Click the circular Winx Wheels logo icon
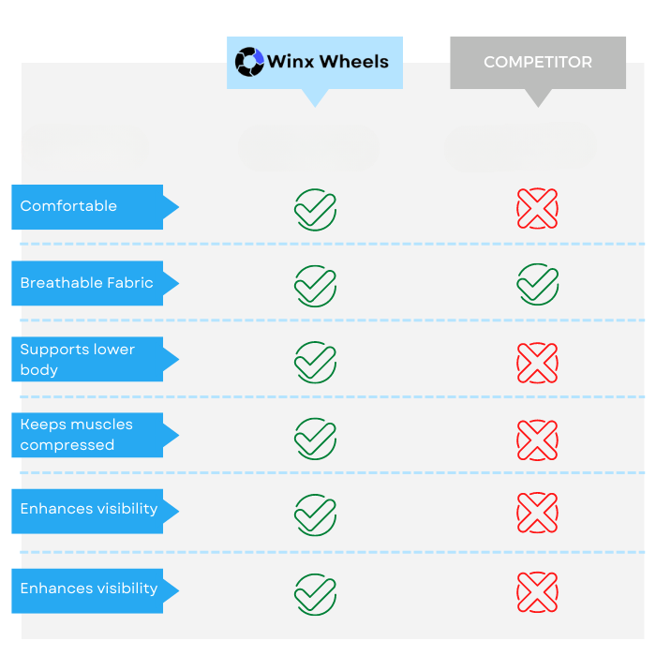[249, 62]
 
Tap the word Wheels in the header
[354, 62]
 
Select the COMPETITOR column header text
[538, 62]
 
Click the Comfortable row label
[68, 206]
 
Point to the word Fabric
[130, 283]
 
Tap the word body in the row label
[39, 370]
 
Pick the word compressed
[67, 445]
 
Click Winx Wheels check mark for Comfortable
[316, 210]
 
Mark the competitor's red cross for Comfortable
[538, 208]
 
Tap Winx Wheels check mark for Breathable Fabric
[316, 286]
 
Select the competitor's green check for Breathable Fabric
[538, 284]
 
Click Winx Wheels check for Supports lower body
[316, 363]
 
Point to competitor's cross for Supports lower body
[538, 363]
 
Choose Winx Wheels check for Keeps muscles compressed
[316, 439]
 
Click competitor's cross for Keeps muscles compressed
[538, 440]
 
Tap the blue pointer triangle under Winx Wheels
[315, 97]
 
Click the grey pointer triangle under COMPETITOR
[539, 97]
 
